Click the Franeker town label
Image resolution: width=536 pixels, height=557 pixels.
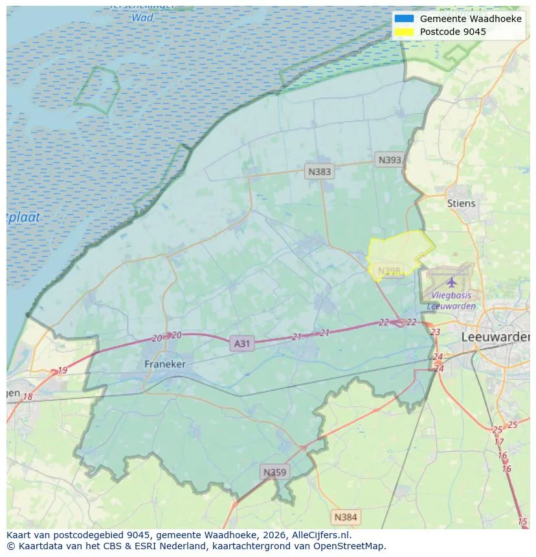tap(165, 364)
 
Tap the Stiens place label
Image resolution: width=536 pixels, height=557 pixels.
tap(461, 203)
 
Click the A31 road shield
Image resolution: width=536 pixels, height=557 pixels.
tap(241, 344)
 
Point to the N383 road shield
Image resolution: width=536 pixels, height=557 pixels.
tap(319, 171)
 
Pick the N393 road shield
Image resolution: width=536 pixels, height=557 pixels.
tap(390, 160)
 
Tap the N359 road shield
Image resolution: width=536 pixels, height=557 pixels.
tap(274, 472)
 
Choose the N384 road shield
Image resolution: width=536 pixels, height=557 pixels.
tap(345, 517)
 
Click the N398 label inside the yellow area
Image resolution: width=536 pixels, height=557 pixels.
tap(389, 270)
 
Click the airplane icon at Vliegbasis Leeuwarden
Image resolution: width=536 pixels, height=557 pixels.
tap(451, 282)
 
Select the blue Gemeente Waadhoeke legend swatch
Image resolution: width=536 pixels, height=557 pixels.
tap(404, 19)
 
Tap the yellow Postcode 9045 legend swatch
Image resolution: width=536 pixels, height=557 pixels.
tap(404, 32)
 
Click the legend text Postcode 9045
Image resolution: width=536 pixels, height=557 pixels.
tap(452, 32)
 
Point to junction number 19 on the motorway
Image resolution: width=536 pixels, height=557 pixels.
tap(62, 371)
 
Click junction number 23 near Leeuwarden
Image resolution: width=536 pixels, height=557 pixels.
tap(435, 332)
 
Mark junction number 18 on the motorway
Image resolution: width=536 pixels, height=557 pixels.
tap(27, 397)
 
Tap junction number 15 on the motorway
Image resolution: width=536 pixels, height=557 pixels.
tap(522, 521)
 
